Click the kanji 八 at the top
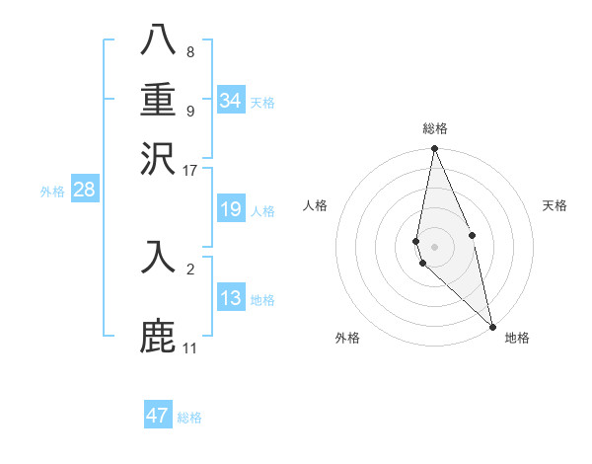159,41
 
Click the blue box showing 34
231,101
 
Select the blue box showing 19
231,209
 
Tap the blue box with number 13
231,298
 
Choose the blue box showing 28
84,191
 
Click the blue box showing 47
158,416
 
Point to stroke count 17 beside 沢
190,170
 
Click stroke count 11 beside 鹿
190,348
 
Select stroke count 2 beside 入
190,269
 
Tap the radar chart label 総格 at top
435,128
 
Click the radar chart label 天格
555,205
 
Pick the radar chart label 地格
517,338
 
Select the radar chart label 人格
316,205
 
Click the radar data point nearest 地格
492,326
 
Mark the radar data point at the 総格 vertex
434,149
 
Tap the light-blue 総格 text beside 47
189,418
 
